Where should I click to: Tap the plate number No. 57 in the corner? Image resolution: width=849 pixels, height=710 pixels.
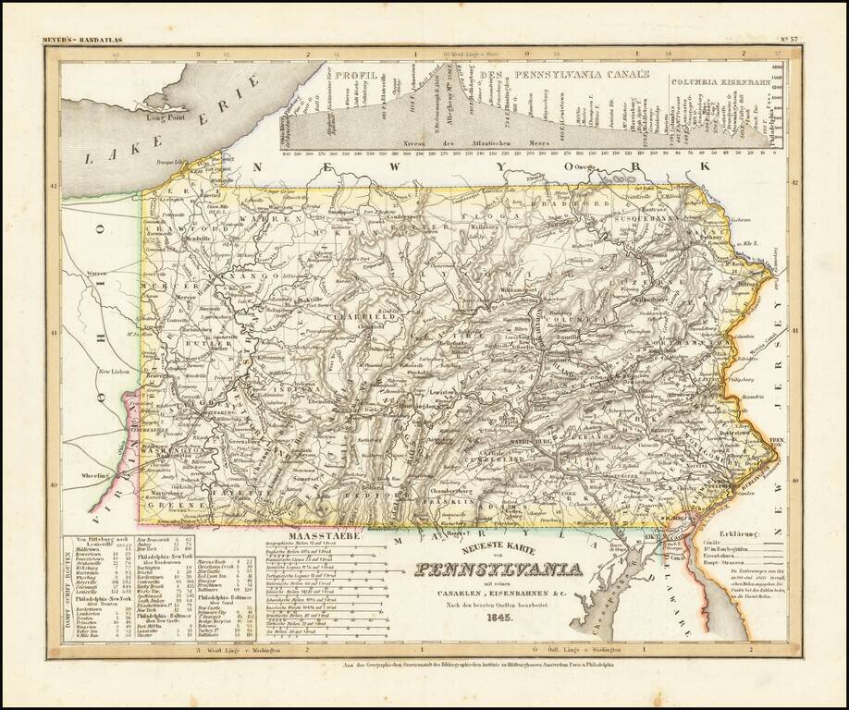(x=789, y=39)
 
